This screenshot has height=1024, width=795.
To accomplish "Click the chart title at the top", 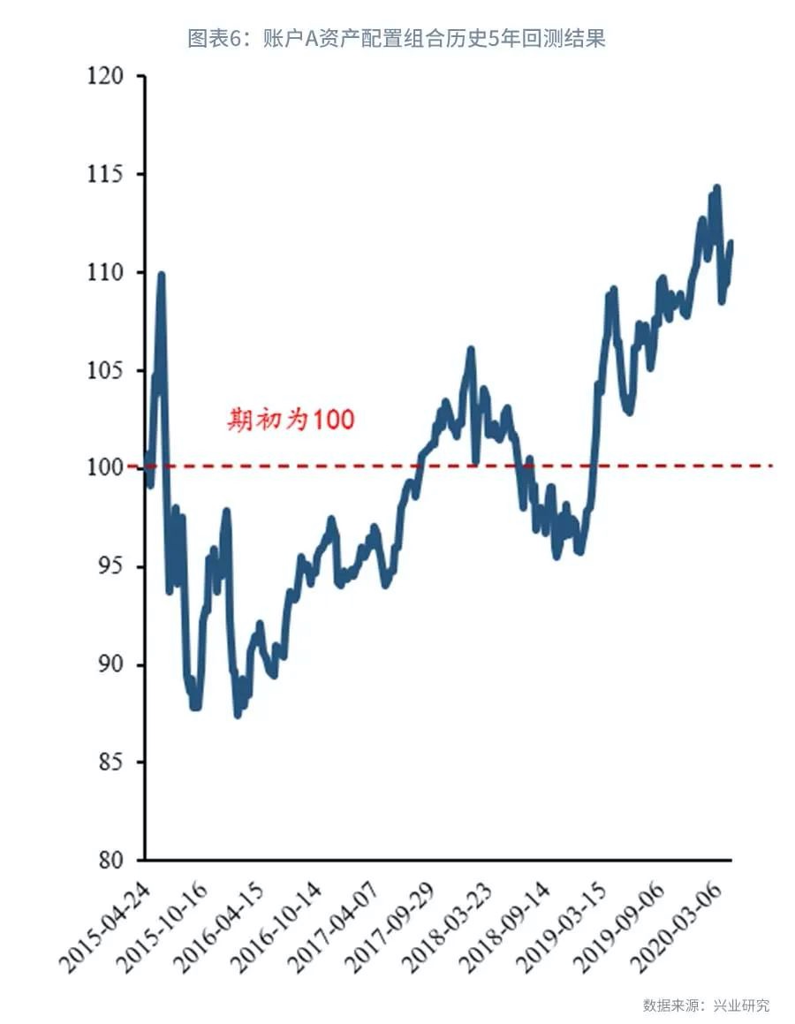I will (x=397, y=38).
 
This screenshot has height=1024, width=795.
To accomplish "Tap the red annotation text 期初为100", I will (x=291, y=420).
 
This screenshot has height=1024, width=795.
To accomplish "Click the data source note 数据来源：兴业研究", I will (x=706, y=1005).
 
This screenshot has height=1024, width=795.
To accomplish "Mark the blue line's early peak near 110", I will (x=161, y=276).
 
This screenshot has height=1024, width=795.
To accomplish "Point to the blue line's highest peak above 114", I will (x=716, y=188).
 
